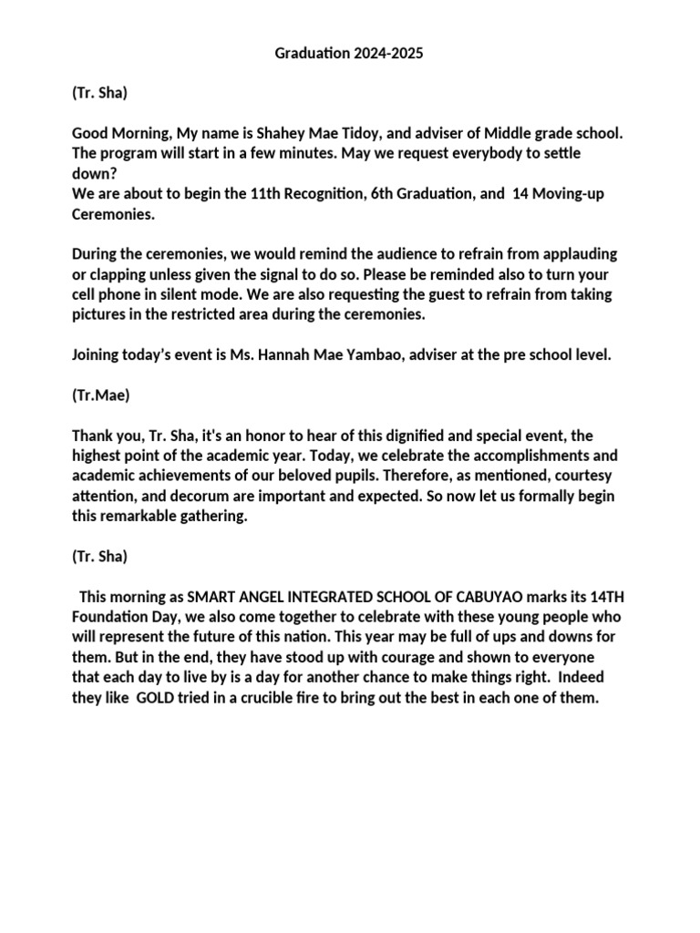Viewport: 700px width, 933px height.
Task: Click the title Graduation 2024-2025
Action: tap(349, 55)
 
